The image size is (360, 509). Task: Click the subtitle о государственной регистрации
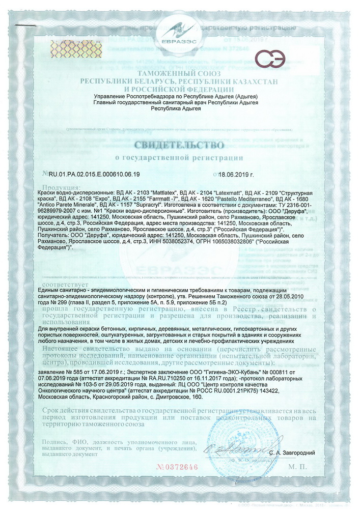click(x=179, y=157)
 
